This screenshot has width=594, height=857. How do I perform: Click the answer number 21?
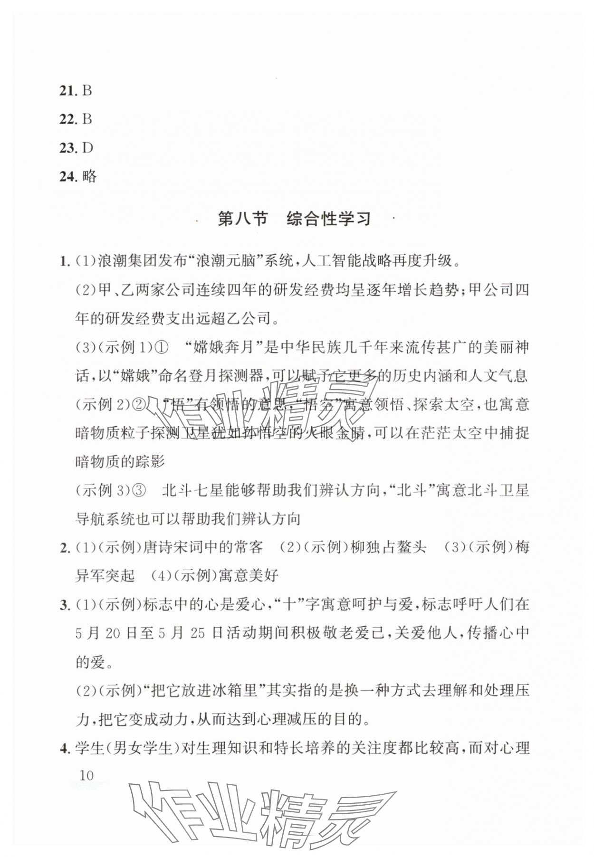67,90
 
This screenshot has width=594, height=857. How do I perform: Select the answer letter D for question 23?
87,148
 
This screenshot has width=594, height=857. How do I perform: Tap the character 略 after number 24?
89,176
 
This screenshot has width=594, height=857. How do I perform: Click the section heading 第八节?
243,219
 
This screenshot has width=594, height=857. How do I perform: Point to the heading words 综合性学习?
328,219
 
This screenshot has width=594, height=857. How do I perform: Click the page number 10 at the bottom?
86,776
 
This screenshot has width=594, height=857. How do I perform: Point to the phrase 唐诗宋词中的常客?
203,547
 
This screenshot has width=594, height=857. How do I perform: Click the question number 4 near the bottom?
65,748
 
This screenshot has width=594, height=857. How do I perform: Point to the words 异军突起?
105,576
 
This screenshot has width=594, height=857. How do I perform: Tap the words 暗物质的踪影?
120,461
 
